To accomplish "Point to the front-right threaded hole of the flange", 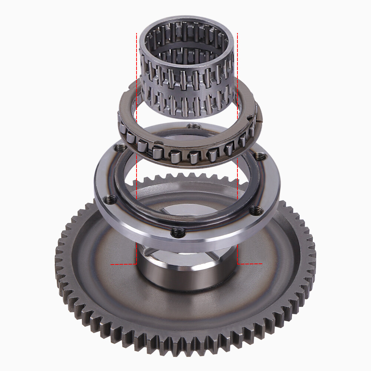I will tap(255, 210).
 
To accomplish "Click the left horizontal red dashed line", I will tap(124, 264).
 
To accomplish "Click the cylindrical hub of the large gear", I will tap(185, 275).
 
